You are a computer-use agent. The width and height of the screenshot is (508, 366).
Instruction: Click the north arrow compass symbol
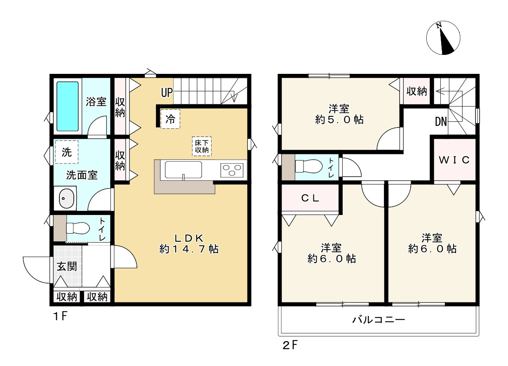coord(443,38)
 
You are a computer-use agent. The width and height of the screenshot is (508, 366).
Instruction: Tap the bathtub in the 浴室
coord(67,106)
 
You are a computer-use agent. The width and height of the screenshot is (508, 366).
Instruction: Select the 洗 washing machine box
coord(66,152)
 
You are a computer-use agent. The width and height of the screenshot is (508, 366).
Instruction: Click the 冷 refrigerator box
coord(170,120)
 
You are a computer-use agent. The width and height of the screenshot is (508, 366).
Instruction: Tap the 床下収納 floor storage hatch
coord(202,146)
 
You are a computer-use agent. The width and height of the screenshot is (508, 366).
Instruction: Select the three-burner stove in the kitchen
coord(232,170)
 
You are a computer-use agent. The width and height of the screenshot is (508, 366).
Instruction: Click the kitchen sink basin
coord(183,170)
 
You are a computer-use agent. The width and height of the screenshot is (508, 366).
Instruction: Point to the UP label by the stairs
coord(166,93)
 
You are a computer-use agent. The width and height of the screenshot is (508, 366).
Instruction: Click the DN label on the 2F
coord(441,122)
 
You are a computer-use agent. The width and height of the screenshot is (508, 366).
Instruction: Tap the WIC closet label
coord(454,161)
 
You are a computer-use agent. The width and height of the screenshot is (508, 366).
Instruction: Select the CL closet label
coord(310,198)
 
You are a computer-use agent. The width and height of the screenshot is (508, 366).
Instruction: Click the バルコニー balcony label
coord(379,320)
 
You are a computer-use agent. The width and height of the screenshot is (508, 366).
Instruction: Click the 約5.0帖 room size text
coord(339,120)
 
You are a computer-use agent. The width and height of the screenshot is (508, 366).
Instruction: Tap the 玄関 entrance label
coord(66,266)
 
